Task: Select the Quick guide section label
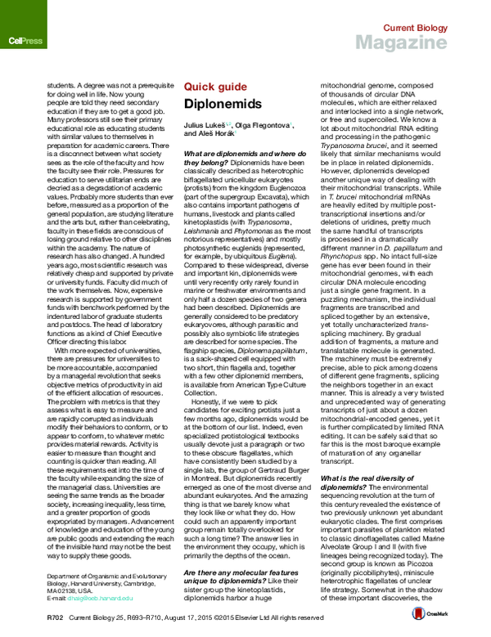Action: pyautogui.click(x=214, y=85)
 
